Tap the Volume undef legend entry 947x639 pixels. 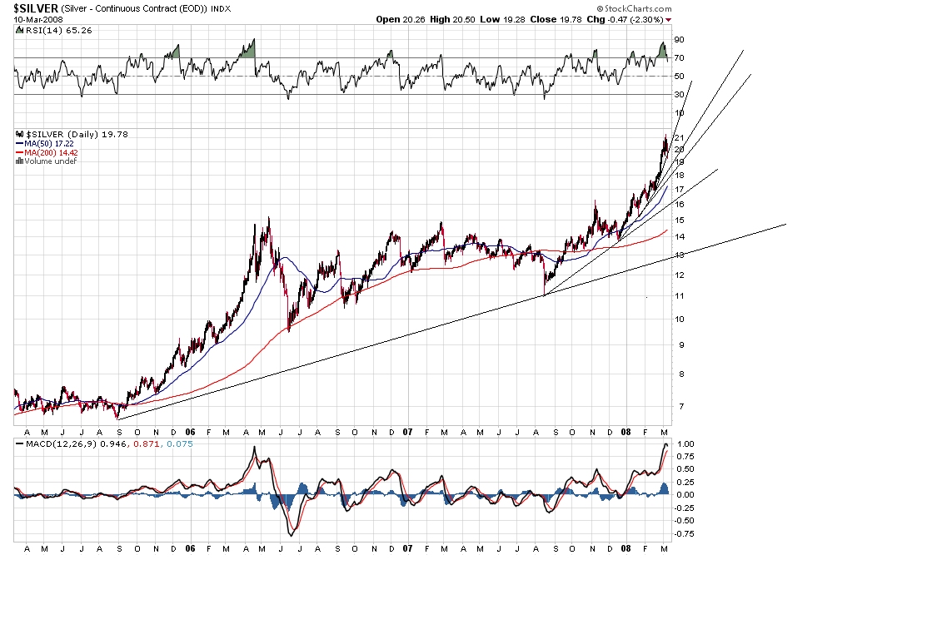click(x=47, y=161)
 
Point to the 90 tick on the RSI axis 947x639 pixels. click(x=680, y=40)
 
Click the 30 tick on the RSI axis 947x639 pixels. click(x=680, y=94)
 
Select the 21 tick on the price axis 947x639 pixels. click(x=680, y=137)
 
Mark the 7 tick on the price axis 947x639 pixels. click(x=678, y=406)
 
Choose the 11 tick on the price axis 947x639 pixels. click(x=680, y=296)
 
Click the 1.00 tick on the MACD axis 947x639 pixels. click(x=684, y=444)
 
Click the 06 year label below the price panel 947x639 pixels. click(x=191, y=432)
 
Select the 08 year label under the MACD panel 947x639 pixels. click(x=625, y=549)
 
